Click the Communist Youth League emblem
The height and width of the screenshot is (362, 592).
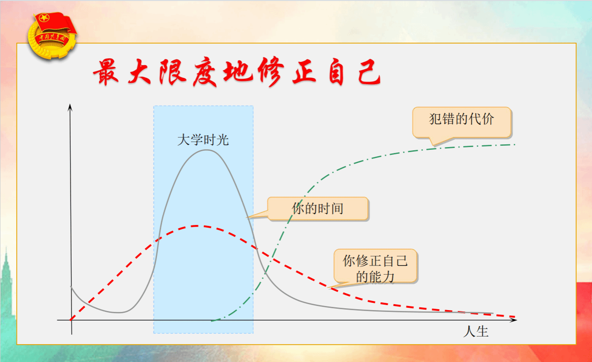(x=52, y=36)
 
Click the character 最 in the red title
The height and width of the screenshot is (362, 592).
(x=106, y=72)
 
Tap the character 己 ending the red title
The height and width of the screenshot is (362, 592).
(x=369, y=71)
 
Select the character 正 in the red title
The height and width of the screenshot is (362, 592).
(x=304, y=71)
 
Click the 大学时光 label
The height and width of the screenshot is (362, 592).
(x=203, y=140)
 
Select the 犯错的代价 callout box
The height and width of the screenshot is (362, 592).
(x=462, y=122)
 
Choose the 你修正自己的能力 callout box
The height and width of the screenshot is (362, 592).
(x=375, y=266)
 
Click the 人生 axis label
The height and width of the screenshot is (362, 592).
(x=476, y=331)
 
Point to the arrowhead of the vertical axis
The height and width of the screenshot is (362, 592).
(x=70, y=105)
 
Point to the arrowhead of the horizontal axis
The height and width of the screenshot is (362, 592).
(x=515, y=320)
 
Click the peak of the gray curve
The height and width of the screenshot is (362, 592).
(x=206, y=150)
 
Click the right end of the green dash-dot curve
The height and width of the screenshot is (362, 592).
(x=515, y=144)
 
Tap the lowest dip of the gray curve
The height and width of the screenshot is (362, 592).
(x=119, y=312)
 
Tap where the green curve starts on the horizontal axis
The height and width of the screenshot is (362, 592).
(x=212, y=321)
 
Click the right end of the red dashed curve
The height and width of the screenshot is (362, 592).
(x=515, y=316)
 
